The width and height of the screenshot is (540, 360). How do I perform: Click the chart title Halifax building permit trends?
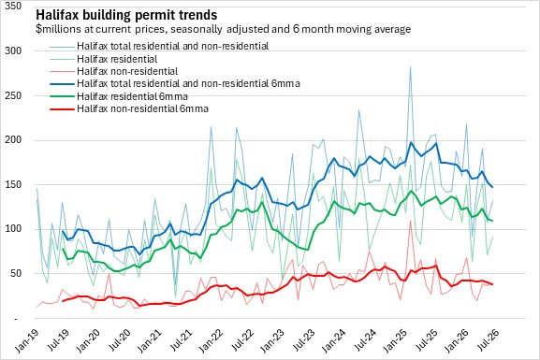[126, 15]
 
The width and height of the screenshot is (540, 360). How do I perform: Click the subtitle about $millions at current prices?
[223, 29]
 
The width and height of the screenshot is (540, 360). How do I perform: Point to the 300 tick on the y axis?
[13, 50]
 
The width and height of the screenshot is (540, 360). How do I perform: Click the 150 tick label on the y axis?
[13, 184]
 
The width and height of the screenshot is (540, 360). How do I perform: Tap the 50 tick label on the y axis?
[16, 274]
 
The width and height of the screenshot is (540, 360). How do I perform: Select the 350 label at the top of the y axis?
[13, 6]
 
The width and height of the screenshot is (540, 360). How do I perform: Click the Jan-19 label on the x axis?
[26, 340]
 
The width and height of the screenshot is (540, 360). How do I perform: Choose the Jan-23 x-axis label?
[271, 340]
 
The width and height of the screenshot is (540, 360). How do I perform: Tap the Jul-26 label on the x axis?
[487, 340]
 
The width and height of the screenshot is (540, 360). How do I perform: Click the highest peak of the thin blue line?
[410, 66]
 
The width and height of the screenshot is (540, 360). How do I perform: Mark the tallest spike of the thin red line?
[411, 221]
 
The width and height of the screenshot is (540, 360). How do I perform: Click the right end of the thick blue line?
[492, 187]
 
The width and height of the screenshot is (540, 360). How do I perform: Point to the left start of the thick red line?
[63, 301]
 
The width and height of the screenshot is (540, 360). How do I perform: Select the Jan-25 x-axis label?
[394, 340]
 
